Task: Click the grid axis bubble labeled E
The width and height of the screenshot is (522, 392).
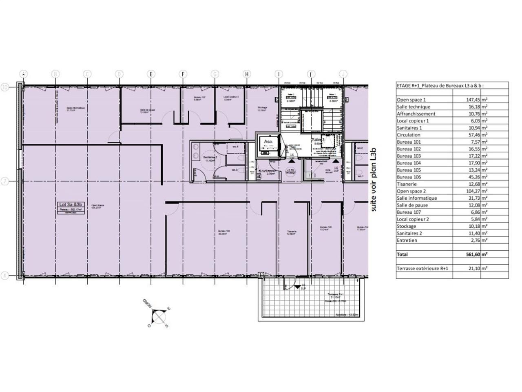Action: click(x=151, y=74)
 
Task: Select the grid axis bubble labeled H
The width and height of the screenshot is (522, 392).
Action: click(x=247, y=74)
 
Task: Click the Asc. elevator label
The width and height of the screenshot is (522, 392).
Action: click(x=268, y=142)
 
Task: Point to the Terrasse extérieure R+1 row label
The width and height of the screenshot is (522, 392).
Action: click(x=423, y=268)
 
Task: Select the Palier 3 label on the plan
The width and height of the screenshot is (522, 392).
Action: click(x=318, y=140)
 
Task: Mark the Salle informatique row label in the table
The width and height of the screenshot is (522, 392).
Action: click(x=417, y=198)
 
